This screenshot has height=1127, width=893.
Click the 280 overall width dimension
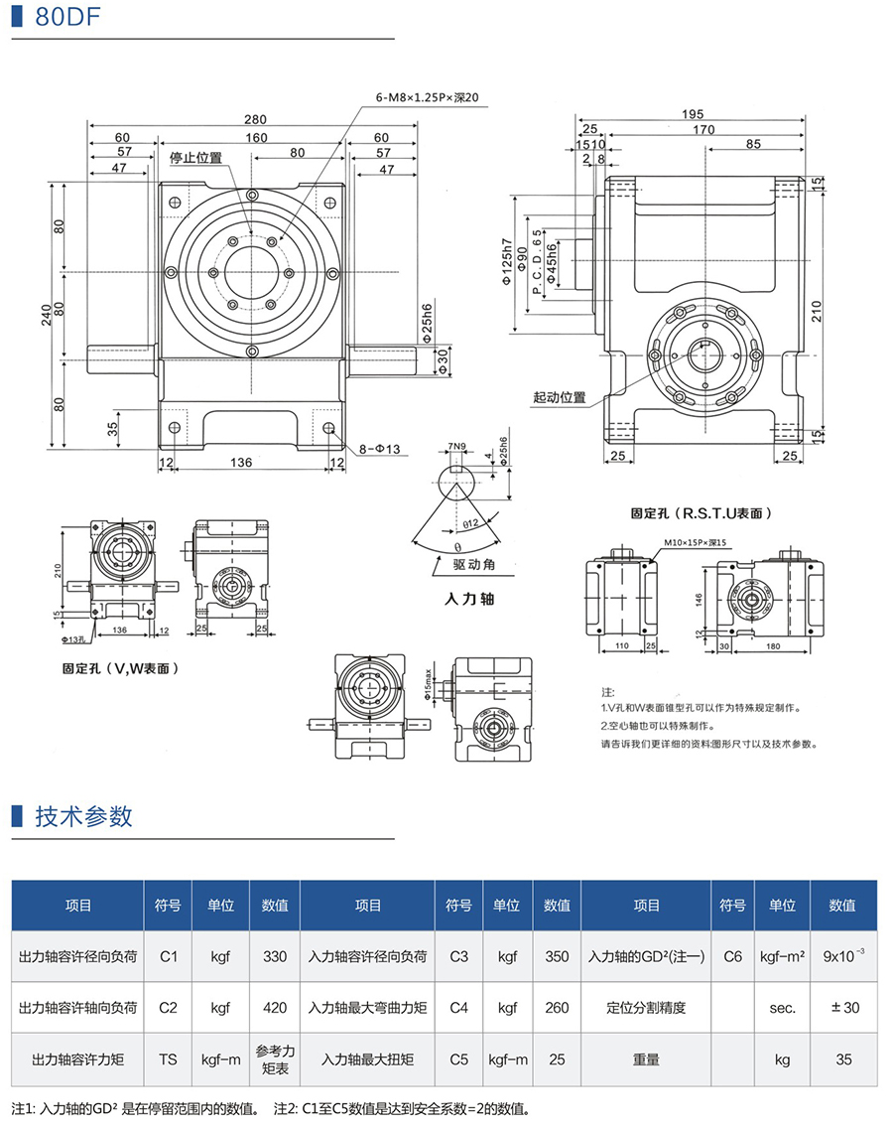[x=255, y=119]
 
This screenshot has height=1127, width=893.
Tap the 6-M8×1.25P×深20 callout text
[x=427, y=97]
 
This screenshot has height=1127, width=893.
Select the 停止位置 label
[x=195, y=158]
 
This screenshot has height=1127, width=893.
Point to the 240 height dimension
[x=47, y=315]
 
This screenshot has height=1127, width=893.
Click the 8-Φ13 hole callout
[x=375, y=449]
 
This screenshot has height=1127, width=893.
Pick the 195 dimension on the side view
[x=706, y=114]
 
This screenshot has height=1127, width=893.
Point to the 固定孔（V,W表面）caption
[x=120, y=669]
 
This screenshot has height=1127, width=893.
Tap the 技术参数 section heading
[x=83, y=816]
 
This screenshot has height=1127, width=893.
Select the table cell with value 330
[x=275, y=956]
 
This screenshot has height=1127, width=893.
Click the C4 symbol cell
[x=458, y=1008]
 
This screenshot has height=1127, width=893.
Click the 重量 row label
[x=646, y=1059]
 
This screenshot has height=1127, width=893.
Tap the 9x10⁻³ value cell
[x=843, y=956]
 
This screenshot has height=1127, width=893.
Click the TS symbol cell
[x=168, y=1059]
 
